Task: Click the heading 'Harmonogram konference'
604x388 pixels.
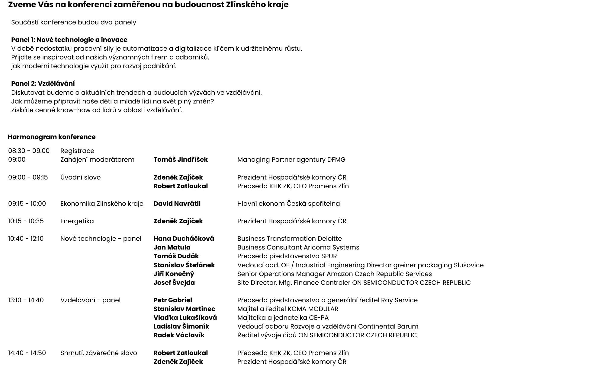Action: tap(52, 137)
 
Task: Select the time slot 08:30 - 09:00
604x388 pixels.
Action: tap(29, 151)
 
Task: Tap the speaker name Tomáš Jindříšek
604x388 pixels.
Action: tap(180, 160)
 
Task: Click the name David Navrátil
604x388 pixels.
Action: tap(177, 204)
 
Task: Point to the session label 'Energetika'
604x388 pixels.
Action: tap(77, 221)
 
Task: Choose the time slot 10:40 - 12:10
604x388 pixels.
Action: tap(26, 239)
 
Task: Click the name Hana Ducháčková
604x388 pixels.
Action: tap(184, 239)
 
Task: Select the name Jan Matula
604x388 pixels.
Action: tap(172, 247)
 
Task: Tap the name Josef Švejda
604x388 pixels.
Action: tap(174, 283)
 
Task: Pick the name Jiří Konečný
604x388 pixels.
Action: tap(174, 274)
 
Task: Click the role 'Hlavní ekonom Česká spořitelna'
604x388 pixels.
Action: tap(288, 204)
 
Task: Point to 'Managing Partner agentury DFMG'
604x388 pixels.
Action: tap(291, 160)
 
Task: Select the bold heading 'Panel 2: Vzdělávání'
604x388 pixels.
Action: tap(43, 84)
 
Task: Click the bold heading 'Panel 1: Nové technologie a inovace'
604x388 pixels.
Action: tap(69, 40)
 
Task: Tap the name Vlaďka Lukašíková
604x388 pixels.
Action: tap(185, 318)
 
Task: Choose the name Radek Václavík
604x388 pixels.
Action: tap(179, 335)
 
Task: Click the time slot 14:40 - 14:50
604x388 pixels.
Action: tap(27, 353)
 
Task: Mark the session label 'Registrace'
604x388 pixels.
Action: tap(77, 151)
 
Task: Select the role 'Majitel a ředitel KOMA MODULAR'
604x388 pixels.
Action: tap(288, 309)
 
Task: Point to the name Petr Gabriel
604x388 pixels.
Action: tap(172, 300)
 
